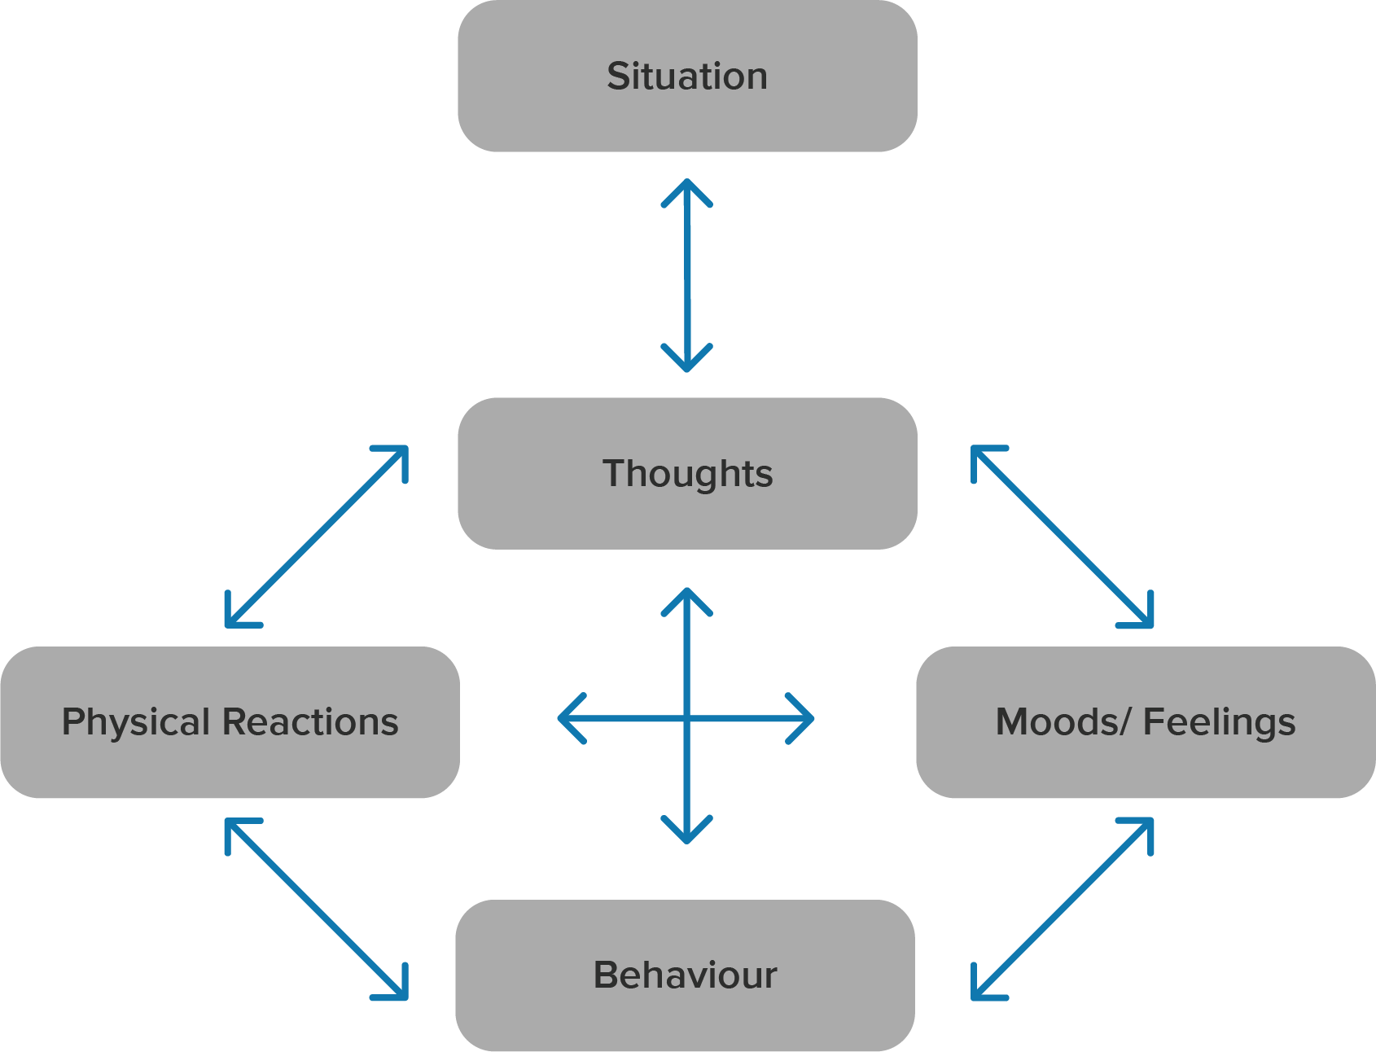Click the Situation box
(687, 76)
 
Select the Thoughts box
(687, 473)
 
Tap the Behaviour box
(685, 975)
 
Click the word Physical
(136, 722)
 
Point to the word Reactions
(310, 722)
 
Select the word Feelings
(1219, 722)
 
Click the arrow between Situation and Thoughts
(687, 275)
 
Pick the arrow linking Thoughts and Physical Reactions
(316, 537)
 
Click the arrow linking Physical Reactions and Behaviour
(316, 909)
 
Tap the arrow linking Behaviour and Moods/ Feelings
(1063, 909)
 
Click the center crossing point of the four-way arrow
(687, 718)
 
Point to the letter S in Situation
(619, 77)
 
